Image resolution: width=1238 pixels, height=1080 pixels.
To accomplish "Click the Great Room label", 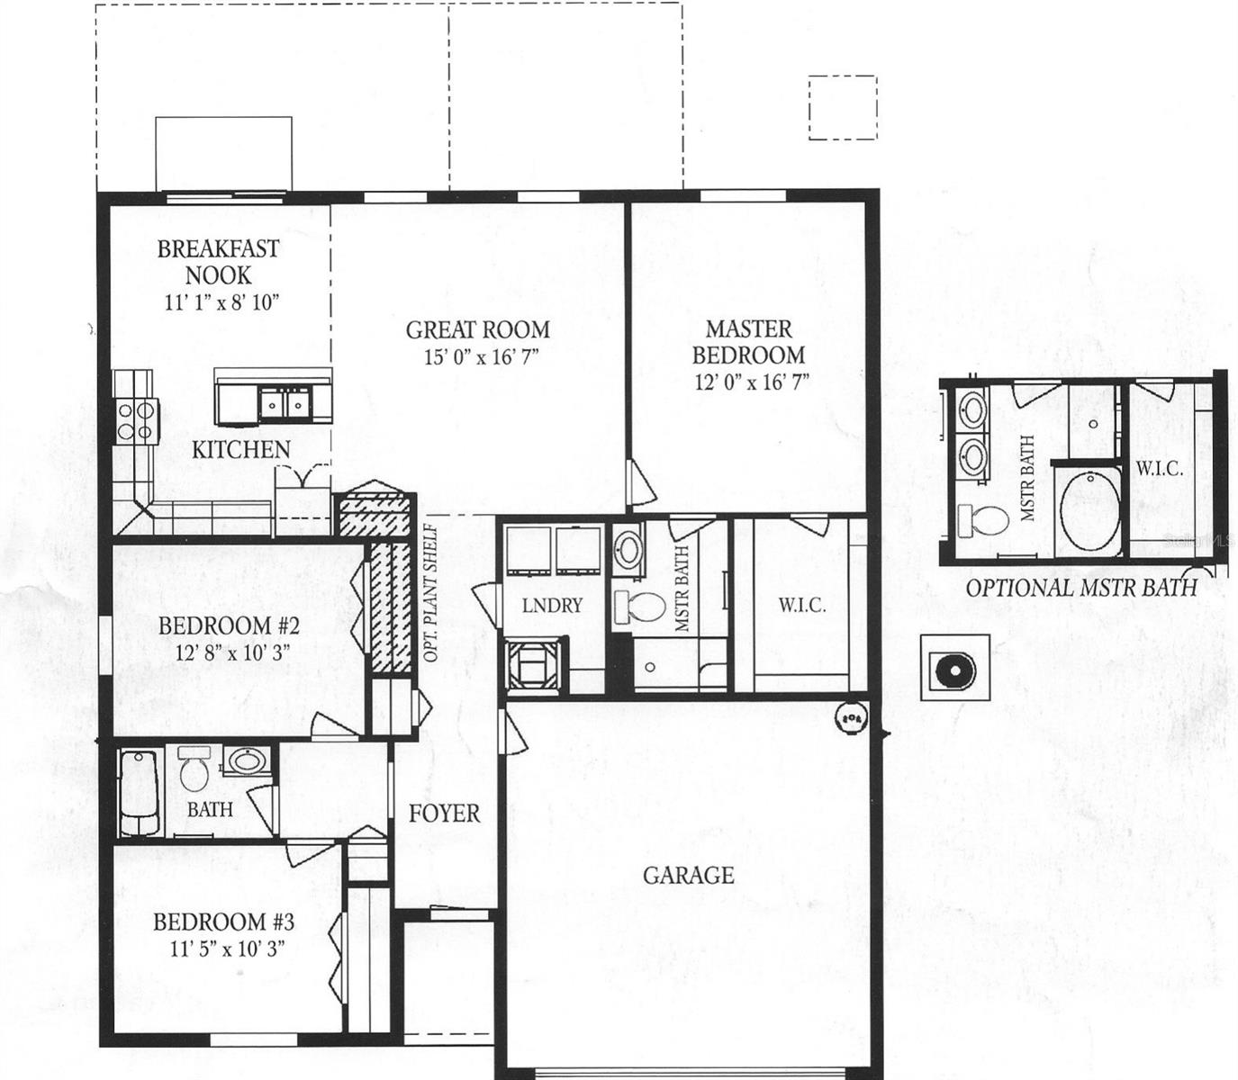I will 477,329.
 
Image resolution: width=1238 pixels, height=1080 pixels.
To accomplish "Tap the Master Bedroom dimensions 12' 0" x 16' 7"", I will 752,382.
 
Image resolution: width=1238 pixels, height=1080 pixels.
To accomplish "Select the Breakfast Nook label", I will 218,261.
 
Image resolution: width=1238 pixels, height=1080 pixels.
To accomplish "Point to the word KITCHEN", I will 240,449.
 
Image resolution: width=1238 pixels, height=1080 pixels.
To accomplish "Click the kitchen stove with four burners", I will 135,420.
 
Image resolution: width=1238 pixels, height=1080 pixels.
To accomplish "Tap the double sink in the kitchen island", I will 285,403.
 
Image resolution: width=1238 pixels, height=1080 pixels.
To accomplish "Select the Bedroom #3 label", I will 223,922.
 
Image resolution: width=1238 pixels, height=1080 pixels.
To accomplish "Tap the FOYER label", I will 444,814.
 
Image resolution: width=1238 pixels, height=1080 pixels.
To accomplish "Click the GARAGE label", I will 688,875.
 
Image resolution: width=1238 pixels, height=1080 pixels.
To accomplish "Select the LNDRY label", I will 552,606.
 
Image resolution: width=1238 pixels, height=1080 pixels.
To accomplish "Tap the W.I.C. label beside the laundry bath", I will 801,606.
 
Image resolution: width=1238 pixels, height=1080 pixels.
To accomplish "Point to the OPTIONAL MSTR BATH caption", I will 1080,588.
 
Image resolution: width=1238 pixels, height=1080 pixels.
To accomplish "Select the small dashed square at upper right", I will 842,108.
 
